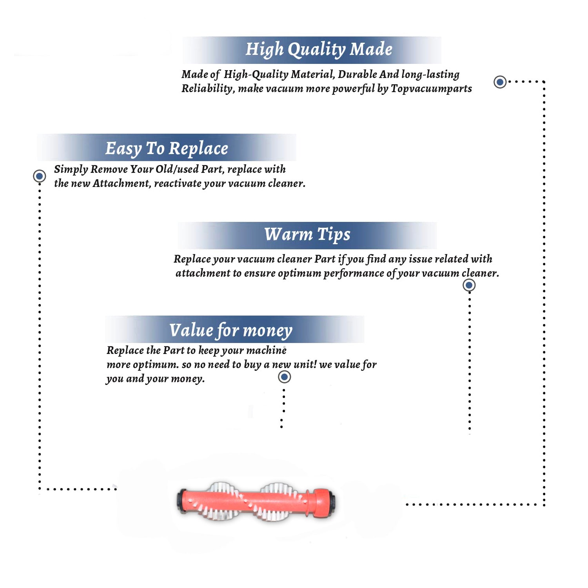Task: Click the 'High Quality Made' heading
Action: tap(319, 50)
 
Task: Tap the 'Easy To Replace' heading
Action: tap(167, 149)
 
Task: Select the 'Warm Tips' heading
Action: tap(307, 234)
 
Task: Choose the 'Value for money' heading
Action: tap(230, 330)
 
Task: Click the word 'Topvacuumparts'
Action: tap(431, 89)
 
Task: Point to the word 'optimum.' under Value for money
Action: tap(156, 365)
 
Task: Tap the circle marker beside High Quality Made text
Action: tap(500, 82)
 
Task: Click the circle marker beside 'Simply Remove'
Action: tap(39, 176)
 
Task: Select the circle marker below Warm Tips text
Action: tap(469, 285)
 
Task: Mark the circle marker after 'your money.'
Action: tap(284, 377)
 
